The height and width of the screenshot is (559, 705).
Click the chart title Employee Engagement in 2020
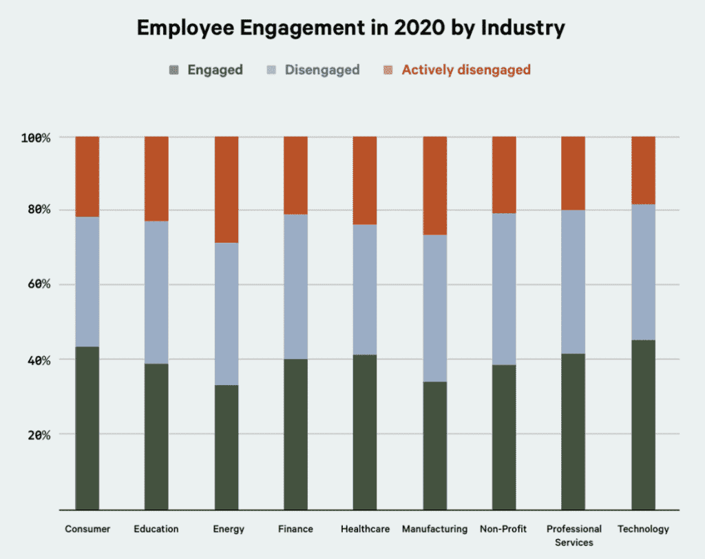(x=351, y=28)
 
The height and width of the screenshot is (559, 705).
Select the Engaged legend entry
(x=207, y=69)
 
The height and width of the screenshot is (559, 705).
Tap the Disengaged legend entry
(x=313, y=69)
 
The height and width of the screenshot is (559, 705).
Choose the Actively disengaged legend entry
(x=457, y=69)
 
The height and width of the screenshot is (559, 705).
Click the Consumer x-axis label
(x=87, y=529)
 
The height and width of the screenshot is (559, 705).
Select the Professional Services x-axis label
(x=574, y=535)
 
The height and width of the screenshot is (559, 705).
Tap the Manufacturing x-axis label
(x=434, y=529)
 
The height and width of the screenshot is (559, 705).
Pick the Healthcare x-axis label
(x=365, y=529)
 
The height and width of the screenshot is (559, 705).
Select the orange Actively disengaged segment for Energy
(x=227, y=190)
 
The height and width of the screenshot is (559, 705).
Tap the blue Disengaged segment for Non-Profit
(x=504, y=289)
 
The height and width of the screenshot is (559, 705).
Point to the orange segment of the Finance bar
(x=296, y=175)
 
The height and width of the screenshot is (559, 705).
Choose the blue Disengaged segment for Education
(x=156, y=292)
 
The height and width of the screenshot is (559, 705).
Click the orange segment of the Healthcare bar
(x=365, y=181)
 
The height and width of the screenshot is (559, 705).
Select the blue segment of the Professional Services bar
(x=574, y=282)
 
